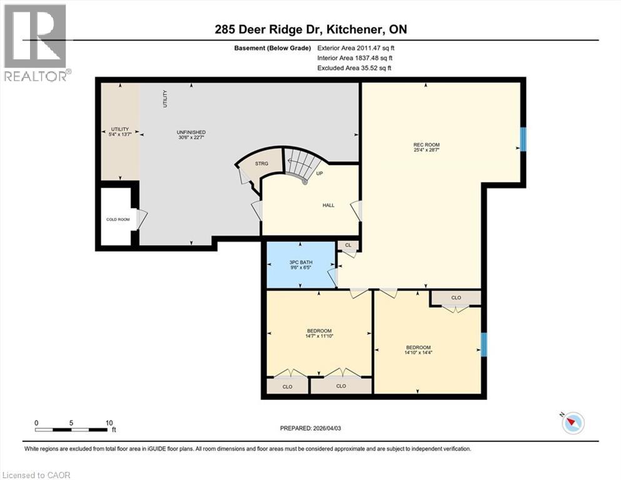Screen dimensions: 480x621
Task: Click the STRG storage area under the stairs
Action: pyautogui.click(x=261, y=164)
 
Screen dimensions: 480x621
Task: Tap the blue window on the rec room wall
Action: pyautogui.click(x=524, y=139)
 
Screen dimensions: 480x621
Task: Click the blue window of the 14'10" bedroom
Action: pyautogui.click(x=483, y=344)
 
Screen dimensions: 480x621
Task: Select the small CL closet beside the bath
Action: pyautogui.click(x=348, y=246)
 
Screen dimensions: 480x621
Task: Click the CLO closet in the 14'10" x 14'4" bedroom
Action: pyautogui.click(x=456, y=297)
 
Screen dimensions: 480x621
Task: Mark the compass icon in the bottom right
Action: pyautogui.click(x=573, y=423)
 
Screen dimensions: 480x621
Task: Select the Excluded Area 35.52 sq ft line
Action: pyautogui.click(x=354, y=68)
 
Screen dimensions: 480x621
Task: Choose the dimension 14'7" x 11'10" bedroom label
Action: pyautogui.click(x=319, y=334)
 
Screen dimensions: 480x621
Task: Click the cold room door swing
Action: pyautogui.click(x=142, y=219)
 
